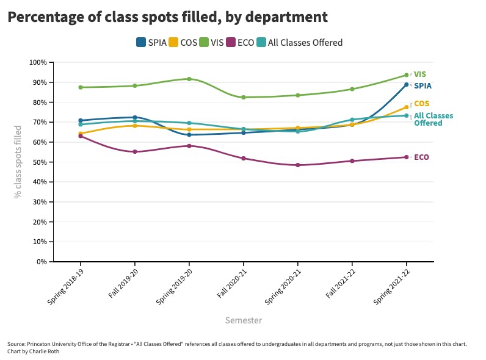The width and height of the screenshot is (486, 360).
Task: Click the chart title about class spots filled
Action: [167, 17]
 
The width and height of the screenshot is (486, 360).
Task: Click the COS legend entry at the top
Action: [183, 43]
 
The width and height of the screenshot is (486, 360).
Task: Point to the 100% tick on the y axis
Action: [38, 62]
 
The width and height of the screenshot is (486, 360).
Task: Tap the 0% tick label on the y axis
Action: [42, 261]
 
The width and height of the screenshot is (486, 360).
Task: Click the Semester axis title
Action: [244, 320]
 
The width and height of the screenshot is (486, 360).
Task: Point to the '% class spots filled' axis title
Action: [18, 162]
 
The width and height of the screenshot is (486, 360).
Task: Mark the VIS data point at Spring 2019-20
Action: [189, 79]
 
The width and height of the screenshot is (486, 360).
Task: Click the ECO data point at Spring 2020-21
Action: [298, 165]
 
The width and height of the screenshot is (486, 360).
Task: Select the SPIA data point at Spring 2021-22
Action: [407, 85]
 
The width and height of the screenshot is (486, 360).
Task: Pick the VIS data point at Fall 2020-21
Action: [244, 98]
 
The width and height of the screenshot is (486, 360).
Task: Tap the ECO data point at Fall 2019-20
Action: [135, 151]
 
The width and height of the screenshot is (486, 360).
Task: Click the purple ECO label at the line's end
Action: [421, 157]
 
